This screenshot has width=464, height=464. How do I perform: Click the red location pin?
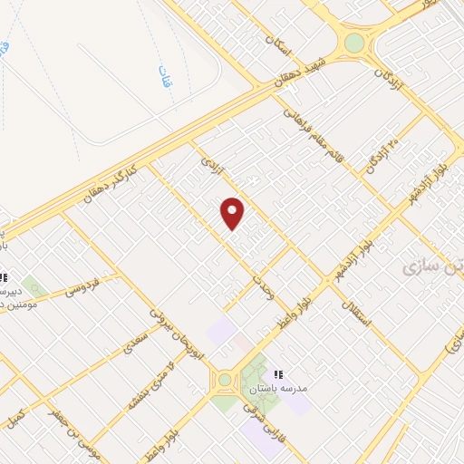coord(233,213)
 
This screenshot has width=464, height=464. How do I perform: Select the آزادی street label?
coord(210,164)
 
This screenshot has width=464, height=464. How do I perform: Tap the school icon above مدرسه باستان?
coord(278,372)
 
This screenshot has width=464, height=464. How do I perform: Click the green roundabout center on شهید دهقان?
coord(353,43)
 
